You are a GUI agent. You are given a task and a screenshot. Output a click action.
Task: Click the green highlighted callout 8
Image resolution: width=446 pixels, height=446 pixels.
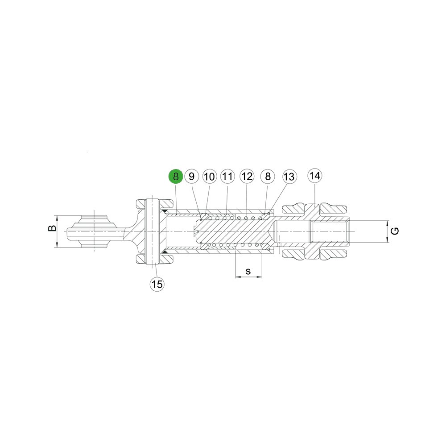[x=176, y=176]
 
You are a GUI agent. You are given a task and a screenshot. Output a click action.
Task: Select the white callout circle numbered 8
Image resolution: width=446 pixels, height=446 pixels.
[x=268, y=176]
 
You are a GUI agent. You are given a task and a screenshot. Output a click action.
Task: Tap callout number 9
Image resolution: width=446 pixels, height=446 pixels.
[x=191, y=176]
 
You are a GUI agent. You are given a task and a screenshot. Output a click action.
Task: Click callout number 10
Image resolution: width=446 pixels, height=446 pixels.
[x=209, y=176]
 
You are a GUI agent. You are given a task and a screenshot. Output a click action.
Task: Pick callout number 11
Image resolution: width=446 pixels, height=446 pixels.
[x=227, y=176]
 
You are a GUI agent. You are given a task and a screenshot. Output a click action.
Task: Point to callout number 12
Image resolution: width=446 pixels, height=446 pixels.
[x=247, y=176]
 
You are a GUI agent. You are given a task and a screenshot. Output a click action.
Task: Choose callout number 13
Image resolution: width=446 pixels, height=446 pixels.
[x=289, y=177]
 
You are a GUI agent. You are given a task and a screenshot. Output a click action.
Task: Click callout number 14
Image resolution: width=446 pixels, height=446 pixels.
[x=314, y=176]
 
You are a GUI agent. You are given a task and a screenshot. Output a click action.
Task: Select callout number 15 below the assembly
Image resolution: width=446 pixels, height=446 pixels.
[x=157, y=284]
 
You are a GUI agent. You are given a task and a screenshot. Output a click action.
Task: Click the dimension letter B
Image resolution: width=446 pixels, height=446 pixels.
[x=52, y=228]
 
